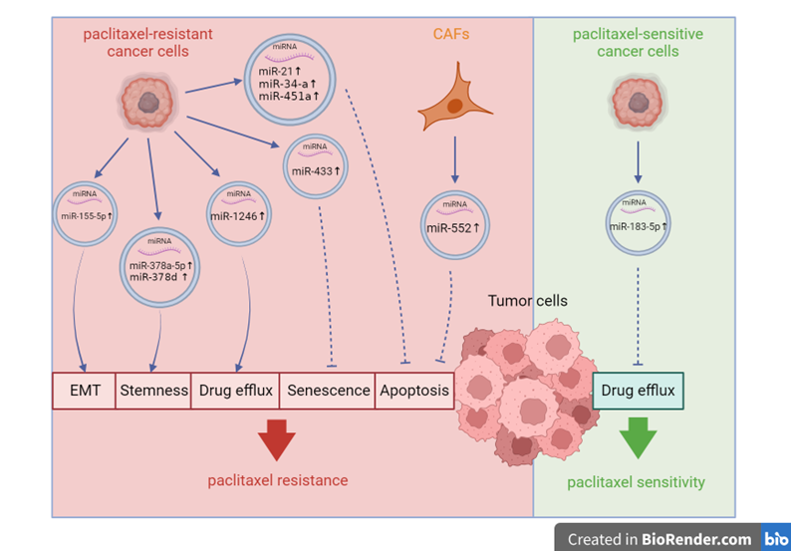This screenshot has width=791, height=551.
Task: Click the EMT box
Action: tap(84, 391)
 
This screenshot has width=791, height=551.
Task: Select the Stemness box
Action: tap(154, 391)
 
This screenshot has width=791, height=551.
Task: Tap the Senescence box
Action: tap(328, 391)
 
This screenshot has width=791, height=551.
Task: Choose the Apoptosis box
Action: tap(414, 391)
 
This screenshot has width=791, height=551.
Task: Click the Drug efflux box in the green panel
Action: tap(639, 391)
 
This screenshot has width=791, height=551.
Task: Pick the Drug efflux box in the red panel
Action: tap(235, 391)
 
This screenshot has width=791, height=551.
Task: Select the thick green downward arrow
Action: tap(637, 439)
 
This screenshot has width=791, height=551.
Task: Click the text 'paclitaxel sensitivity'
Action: tap(636, 482)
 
